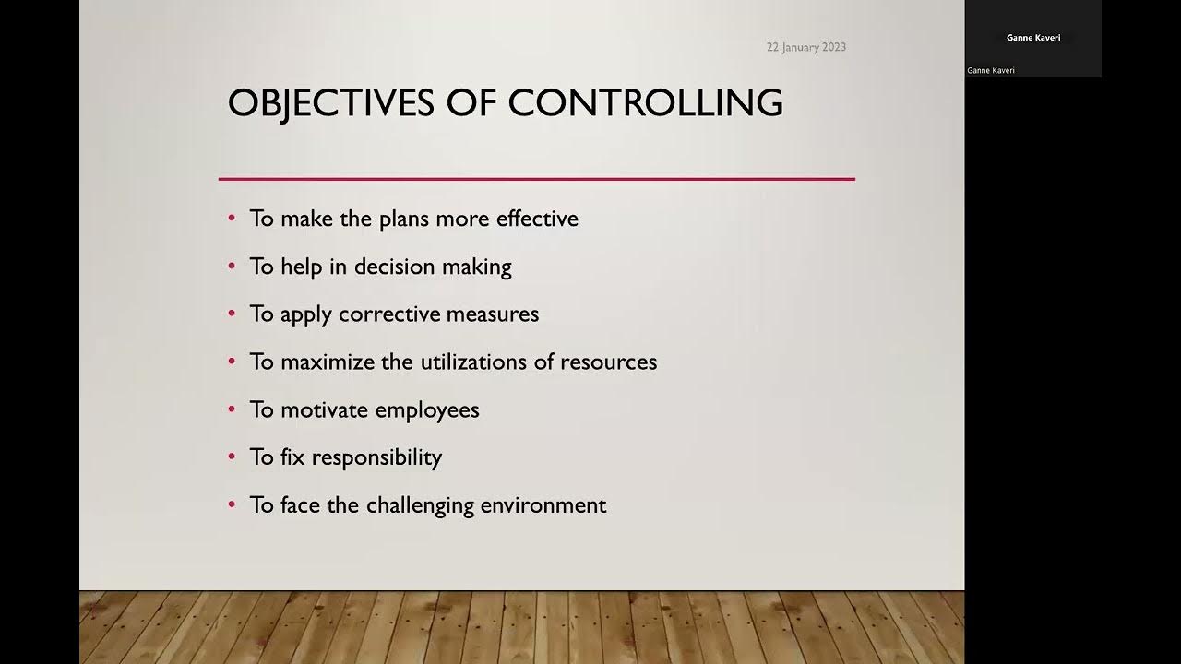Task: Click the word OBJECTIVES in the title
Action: [x=330, y=102]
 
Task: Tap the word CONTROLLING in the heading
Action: [x=645, y=102]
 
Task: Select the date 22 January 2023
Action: [x=805, y=47]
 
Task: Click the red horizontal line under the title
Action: [x=536, y=179]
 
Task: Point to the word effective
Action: [x=537, y=219]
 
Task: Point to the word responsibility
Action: [x=376, y=457]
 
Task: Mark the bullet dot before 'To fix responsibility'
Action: [x=232, y=456]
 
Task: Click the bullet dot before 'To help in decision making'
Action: [x=232, y=266]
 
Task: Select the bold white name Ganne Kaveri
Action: [x=1032, y=38]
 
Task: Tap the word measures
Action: [x=492, y=314]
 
